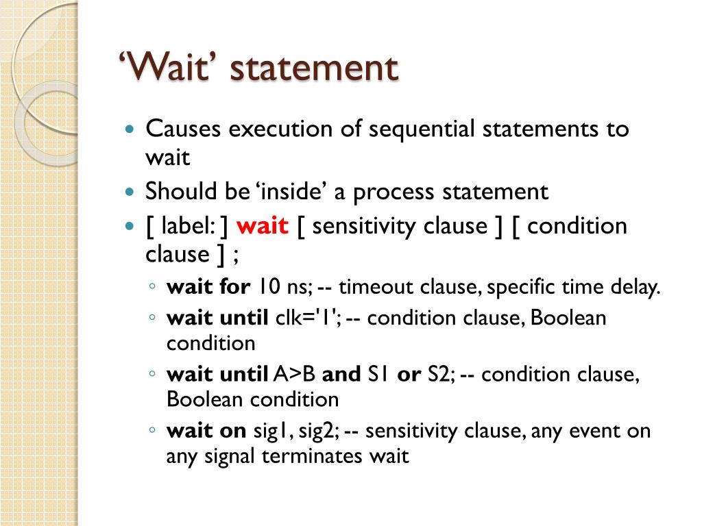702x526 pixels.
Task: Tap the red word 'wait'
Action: [x=263, y=226]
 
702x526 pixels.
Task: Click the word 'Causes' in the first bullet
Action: [x=183, y=129]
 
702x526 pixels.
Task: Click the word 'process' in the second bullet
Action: [x=394, y=192]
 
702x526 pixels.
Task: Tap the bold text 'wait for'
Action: [x=208, y=287]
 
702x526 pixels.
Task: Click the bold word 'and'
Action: [x=341, y=375]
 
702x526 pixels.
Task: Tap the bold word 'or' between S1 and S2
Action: [x=409, y=375]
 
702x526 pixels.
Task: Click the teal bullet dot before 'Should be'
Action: [x=130, y=192]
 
